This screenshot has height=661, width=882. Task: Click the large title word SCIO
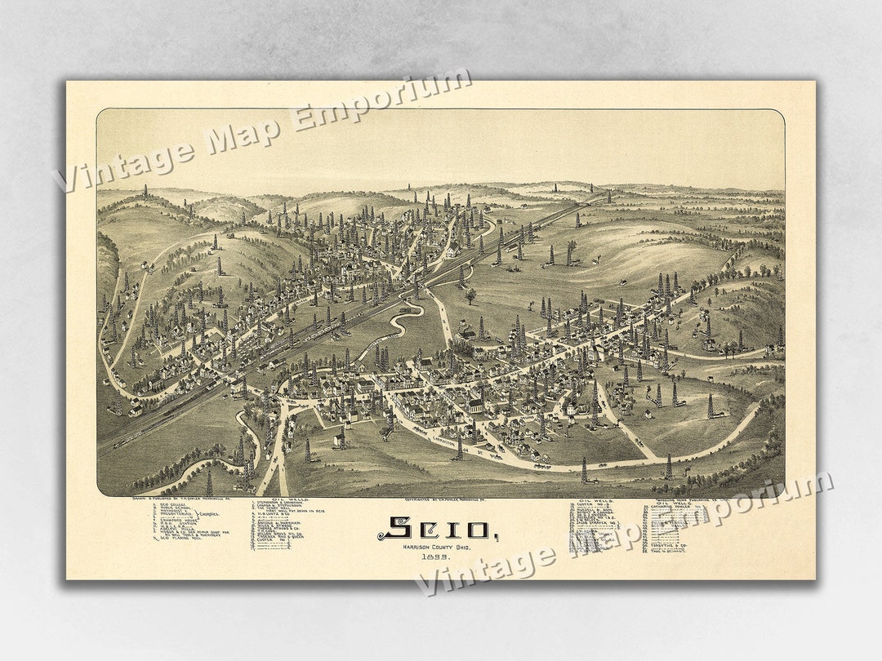click(433, 529)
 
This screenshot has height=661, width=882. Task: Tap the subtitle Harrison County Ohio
click(434, 545)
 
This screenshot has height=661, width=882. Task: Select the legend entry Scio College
click(171, 505)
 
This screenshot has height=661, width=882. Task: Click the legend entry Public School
click(173, 509)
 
